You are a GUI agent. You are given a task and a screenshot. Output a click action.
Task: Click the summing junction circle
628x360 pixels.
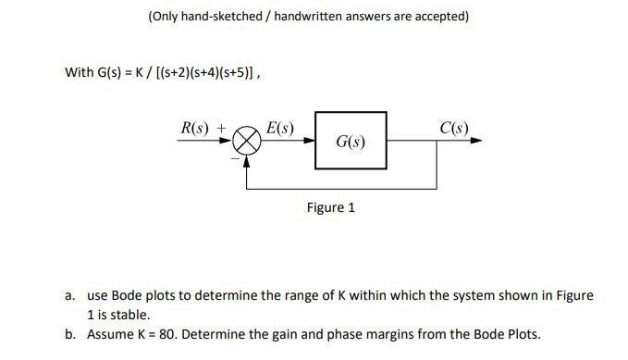(x=246, y=142)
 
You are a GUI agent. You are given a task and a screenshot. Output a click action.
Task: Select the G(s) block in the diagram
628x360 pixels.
(x=351, y=142)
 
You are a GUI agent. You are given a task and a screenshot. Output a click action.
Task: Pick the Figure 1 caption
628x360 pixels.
(x=331, y=207)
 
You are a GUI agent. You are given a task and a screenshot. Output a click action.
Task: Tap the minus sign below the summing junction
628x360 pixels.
(x=235, y=158)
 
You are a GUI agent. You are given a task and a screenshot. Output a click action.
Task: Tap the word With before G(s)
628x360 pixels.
(x=79, y=72)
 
